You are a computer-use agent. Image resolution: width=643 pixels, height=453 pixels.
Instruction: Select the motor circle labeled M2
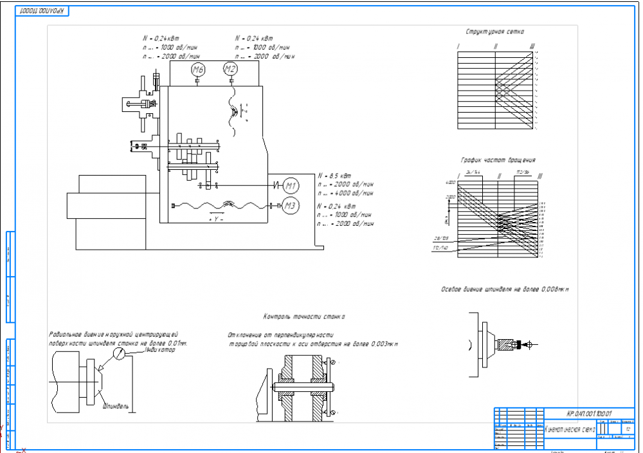pos(230,69)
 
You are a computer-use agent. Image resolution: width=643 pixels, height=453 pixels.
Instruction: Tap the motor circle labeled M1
pos(291,186)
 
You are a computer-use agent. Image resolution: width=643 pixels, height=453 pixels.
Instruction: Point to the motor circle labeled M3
pos(291,206)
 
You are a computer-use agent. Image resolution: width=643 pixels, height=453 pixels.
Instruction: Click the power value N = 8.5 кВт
pos(334,175)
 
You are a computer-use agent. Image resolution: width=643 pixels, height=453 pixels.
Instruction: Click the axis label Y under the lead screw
pos(216,219)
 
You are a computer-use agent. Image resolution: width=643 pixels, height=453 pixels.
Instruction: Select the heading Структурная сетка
pos(494,32)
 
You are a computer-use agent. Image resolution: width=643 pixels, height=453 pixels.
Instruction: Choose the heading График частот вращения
pos(498,160)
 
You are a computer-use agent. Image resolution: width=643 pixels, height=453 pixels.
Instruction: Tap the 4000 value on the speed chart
pos(449,183)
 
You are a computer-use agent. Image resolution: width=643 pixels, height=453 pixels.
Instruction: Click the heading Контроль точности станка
pos(303,317)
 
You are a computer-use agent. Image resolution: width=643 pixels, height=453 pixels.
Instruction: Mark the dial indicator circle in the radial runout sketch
pos(119,354)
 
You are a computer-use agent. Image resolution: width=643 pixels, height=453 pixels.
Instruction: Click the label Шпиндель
pos(116,406)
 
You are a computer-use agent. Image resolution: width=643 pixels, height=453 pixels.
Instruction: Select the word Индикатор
pos(161,350)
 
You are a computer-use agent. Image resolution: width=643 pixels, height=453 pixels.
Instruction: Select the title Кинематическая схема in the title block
pos(570,429)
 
